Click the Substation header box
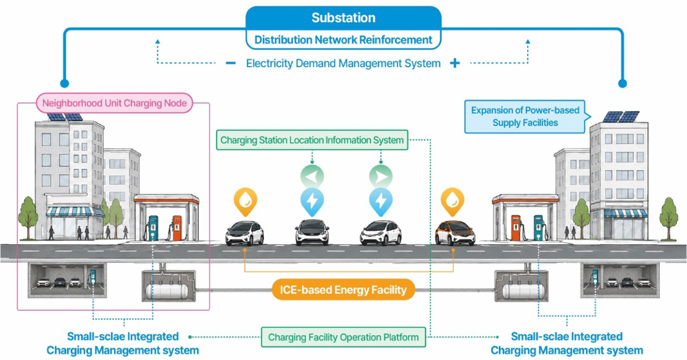(343, 18)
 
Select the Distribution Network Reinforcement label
(343, 40)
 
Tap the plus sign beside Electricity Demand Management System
(455, 63)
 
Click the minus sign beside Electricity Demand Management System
(230, 63)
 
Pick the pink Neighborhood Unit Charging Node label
(114, 103)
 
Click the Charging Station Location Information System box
(312, 140)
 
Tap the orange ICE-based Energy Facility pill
(343, 290)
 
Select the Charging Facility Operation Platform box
(343, 337)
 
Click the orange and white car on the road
(455, 233)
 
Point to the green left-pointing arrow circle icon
(312, 177)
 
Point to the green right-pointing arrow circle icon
(381, 177)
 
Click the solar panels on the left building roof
(65, 117)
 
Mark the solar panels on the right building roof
(621, 116)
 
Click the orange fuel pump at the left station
(177, 228)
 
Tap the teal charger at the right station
(538, 227)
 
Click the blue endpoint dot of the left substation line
(65, 83)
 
